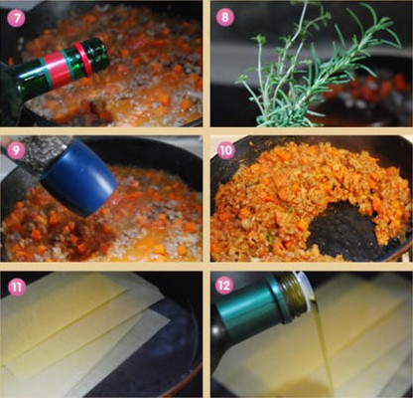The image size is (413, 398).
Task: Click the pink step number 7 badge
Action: [x=16, y=18]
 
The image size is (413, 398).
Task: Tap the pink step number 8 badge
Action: [x=225, y=17]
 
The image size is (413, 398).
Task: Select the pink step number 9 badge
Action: [x=16, y=150]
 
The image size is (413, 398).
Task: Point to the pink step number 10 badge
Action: [x=226, y=150]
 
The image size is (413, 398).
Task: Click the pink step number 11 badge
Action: [x=17, y=287]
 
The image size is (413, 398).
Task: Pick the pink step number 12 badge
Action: [x=224, y=286]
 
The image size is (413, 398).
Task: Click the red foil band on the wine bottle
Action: [x=55, y=70]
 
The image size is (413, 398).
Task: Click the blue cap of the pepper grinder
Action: [x=79, y=177]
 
